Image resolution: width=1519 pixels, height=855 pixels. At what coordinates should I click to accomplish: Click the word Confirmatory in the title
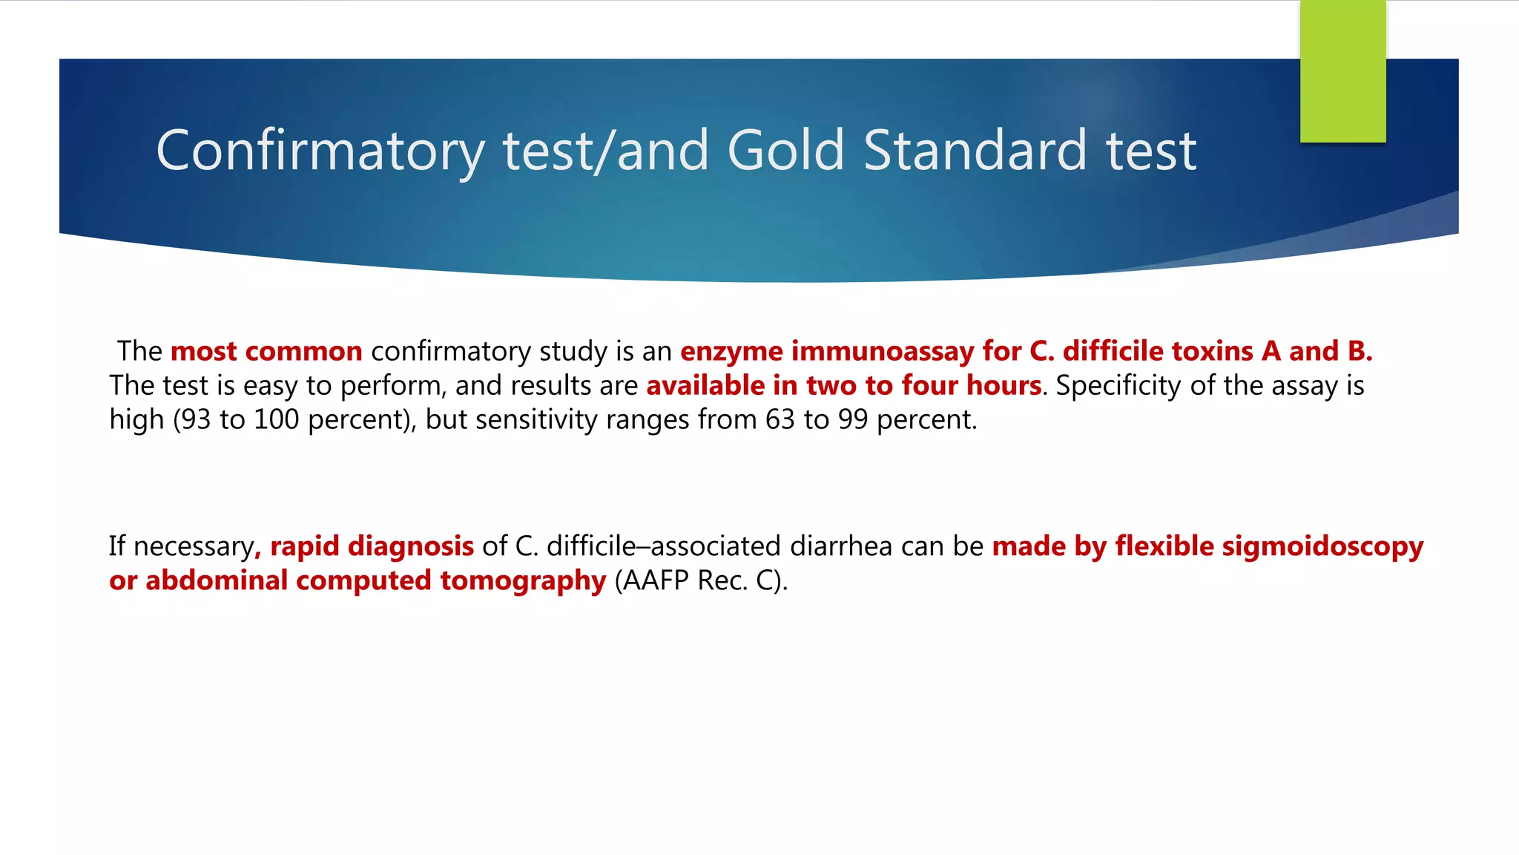tap(320, 151)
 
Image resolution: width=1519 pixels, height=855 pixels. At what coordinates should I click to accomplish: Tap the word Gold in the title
tap(785, 151)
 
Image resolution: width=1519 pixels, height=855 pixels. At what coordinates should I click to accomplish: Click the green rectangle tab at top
tap(1342, 71)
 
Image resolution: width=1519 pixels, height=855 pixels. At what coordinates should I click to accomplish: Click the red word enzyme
tap(731, 352)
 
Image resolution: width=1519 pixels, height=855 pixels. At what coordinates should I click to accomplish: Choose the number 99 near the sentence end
tap(853, 420)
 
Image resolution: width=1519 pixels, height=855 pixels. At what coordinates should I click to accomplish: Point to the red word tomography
tap(523, 581)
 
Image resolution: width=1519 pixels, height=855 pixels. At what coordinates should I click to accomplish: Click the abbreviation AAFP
tap(655, 581)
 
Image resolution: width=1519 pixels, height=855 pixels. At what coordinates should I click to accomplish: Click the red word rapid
tap(305, 547)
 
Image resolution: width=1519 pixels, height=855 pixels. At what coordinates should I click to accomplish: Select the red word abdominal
tap(216, 581)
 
